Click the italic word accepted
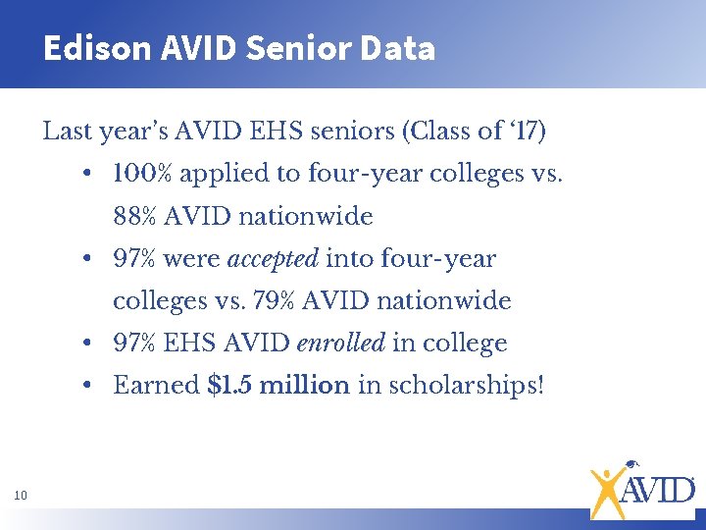273,259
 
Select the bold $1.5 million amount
279,385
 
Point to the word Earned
157,385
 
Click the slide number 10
21,496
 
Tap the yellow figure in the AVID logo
607,489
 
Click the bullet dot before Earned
88,386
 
